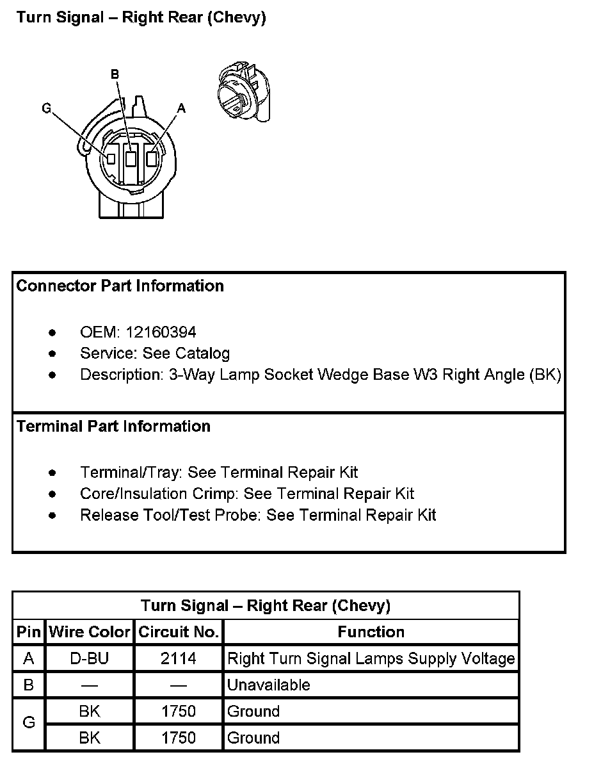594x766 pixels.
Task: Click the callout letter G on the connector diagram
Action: (46, 108)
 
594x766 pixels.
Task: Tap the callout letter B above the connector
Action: (115, 75)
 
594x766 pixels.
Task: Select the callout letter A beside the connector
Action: (181, 109)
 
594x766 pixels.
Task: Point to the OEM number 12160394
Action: (161, 332)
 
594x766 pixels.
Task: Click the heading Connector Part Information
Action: (120, 286)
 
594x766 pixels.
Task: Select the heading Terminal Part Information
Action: (113, 427)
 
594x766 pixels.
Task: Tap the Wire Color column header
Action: (90, 632)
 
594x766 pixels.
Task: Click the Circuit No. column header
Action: (179, 632)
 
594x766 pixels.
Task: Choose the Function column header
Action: (371, 632)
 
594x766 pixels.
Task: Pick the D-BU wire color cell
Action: (90, 658)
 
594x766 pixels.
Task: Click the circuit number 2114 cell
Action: (179, 658)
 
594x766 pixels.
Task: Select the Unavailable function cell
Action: (269, 685)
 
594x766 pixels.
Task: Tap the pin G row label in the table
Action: (29, 723)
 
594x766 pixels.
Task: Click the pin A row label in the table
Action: (29, 658)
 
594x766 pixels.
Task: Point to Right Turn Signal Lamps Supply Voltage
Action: (371, 658)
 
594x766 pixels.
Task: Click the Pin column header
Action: (29, 632)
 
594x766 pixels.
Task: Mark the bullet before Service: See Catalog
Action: (52, 354)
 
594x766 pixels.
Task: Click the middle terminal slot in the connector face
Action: (131, 158)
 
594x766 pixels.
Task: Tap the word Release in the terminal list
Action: (104, 515)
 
